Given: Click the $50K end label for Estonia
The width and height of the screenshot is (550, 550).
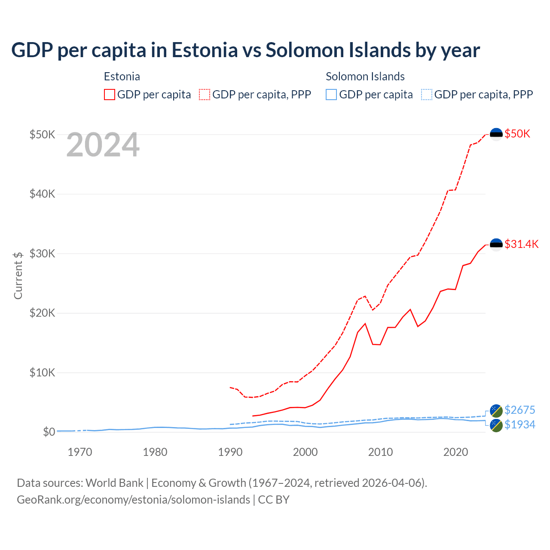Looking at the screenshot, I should point(517,134).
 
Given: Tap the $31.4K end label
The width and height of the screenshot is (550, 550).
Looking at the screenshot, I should point(521,244).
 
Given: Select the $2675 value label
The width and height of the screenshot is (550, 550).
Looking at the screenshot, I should point(519,410).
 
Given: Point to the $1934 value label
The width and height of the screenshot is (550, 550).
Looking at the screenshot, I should point(519,425).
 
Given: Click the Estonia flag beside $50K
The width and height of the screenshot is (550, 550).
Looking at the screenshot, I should point(496,134).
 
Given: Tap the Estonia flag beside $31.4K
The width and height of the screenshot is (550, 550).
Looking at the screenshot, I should point(496,244).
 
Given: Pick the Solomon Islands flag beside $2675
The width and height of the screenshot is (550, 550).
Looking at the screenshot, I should point(496,410).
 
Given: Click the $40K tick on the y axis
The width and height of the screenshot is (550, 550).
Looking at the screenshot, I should point(42,194).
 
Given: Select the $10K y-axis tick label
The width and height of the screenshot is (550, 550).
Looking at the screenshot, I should point(42,373).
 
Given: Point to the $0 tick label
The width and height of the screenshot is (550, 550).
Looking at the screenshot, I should point(49,432).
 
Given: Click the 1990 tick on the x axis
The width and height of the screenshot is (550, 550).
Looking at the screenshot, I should point(230,452).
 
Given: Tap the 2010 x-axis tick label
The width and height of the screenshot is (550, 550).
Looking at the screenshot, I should point(380,452).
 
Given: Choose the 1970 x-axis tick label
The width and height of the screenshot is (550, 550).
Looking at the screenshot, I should point(80,452).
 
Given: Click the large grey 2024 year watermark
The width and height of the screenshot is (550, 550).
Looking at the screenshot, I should point(103,145).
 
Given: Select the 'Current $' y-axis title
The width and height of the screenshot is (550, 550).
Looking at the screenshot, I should point(18,275).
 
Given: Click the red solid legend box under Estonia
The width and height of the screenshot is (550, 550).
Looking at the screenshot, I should point(110,95).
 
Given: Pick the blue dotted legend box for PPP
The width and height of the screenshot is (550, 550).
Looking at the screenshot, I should point(427,95).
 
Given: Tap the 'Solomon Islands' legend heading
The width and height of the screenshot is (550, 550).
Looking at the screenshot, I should point(365,76).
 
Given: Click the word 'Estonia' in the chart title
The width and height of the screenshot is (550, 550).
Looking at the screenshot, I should point(205,50).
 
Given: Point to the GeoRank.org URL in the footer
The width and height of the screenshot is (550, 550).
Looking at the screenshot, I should point(133,500).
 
